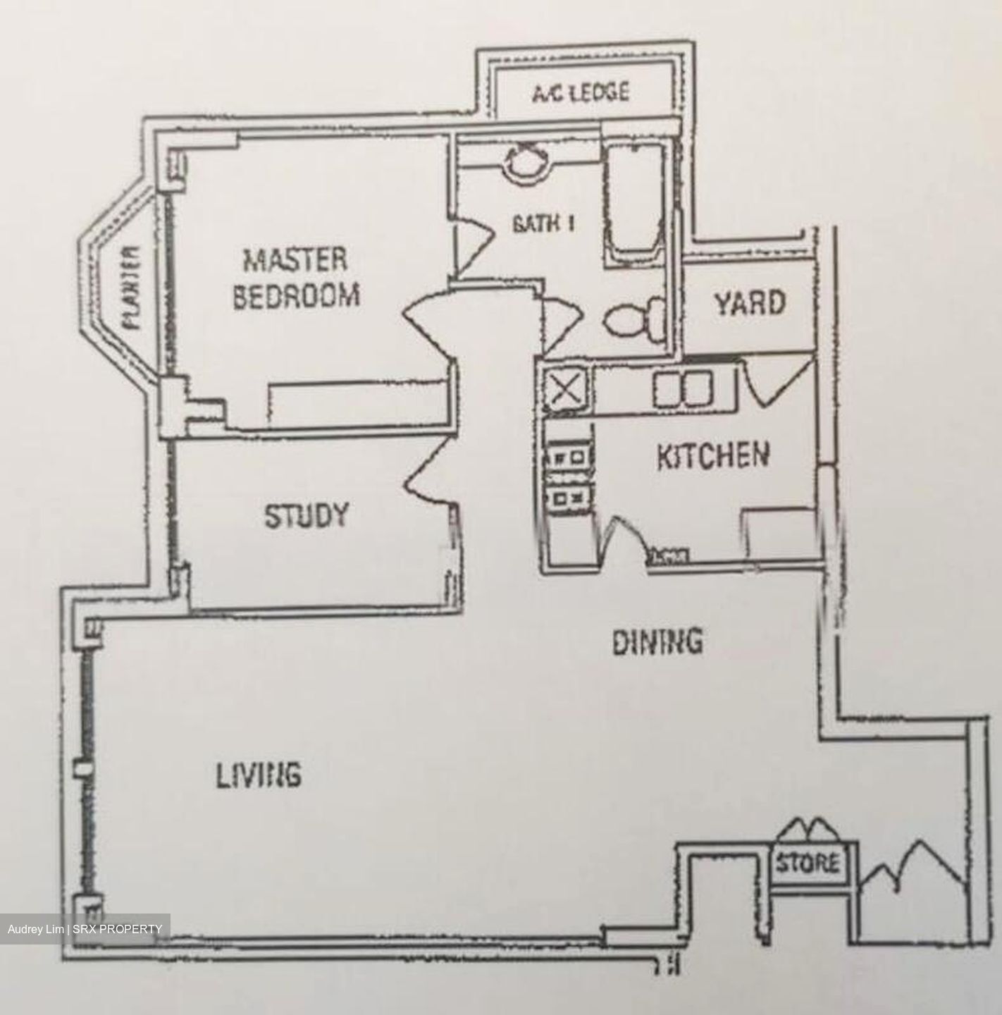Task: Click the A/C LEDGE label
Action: [580, 92]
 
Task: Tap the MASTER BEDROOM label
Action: [295, 278]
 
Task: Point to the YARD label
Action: [750, 304]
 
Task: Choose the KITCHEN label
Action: [712, 456]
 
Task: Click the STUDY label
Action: [306, 516]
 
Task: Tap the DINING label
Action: [657, 641]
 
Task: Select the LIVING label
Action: [258, 775]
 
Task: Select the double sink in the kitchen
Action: [682, 389]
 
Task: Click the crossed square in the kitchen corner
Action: [568, 388]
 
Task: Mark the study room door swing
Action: [430, 479]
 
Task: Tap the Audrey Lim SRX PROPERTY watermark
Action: [85, 929]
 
